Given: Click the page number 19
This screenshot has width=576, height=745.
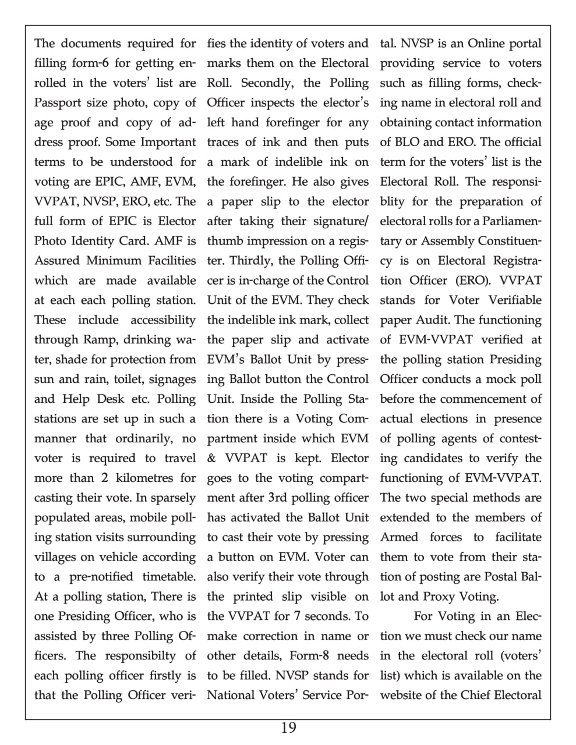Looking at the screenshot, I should pos(288,728).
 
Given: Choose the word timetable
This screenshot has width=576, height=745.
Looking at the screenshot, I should pos(169,577).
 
